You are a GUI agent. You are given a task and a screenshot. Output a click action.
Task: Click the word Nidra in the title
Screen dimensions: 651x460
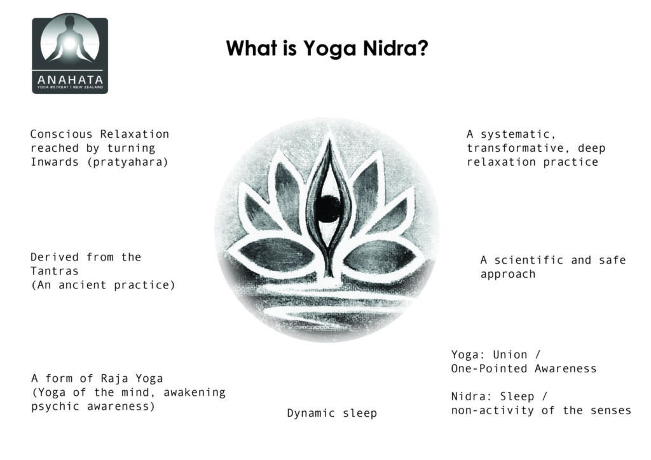(x=389, y=48)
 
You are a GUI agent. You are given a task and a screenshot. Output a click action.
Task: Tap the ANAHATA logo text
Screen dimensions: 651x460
(x=70, y=79)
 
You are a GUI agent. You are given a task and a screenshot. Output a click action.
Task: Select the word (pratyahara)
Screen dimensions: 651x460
(x=127, y=162)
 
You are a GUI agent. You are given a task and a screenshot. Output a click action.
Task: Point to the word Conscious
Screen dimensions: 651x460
(x=61, y=134)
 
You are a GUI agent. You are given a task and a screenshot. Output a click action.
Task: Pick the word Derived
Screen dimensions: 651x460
(x=55, y=257)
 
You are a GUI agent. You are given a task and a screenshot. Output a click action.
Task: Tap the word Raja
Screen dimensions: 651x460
(x=114, y=378)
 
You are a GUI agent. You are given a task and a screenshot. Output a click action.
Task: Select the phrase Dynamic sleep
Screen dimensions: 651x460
(x=332, y=413)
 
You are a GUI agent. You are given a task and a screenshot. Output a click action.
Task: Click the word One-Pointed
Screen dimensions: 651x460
(x=489, y=369)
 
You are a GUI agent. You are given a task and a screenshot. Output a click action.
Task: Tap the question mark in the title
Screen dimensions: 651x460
(x=422, y=48)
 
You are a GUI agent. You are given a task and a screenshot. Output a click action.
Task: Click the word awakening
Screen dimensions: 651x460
(x=195, y=393)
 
